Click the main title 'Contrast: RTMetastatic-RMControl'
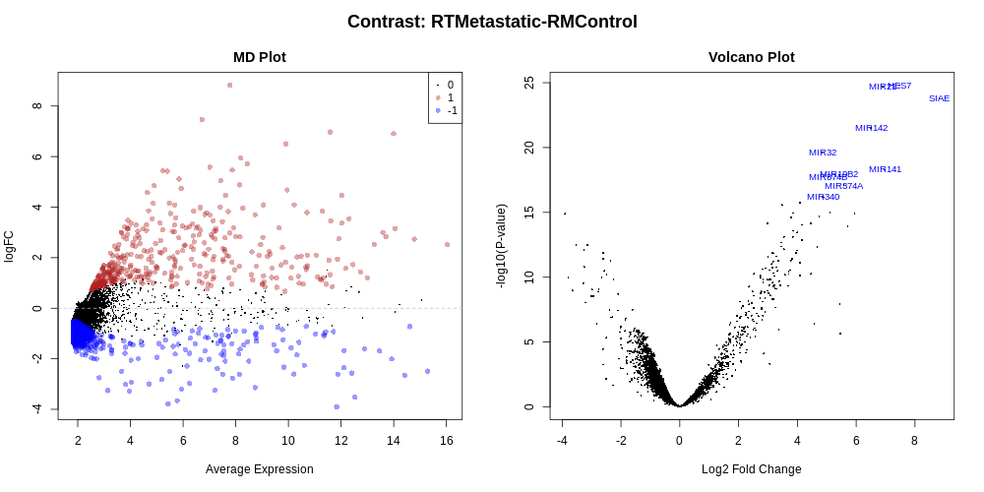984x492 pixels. [492, 22]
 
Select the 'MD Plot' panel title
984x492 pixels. [260, 57]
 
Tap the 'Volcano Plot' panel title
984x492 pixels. [751, 57]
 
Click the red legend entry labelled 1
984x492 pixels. [438, 97]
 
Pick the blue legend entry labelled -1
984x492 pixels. [438, 110]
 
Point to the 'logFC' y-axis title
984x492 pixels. [10, 246]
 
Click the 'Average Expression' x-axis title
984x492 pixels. [260, 469]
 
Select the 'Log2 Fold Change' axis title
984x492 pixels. [751, 469]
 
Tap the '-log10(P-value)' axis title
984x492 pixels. [501, 246]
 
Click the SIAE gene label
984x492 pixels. [939, 98]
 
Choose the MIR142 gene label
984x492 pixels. [871, 128]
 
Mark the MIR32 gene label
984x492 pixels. [823, 153]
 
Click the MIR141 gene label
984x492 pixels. [885, 169]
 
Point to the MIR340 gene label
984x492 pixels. [823, 197]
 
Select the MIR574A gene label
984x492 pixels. [843, 186]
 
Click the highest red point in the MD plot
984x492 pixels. [230, 85]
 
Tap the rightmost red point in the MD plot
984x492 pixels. [447, 244]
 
